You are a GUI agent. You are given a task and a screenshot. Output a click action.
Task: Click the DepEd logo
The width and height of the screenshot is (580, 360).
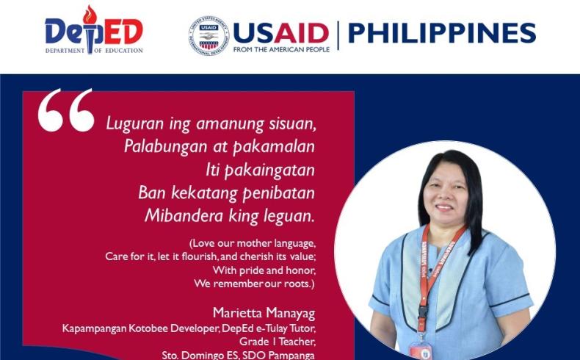94,30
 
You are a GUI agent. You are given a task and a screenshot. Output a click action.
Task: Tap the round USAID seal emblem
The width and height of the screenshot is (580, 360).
209,35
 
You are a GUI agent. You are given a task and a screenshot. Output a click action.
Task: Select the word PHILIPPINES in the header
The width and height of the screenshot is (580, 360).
442,33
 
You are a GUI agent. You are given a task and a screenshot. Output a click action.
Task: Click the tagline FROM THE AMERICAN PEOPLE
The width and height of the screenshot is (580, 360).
281,49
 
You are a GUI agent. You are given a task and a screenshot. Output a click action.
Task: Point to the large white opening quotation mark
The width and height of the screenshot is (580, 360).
66,110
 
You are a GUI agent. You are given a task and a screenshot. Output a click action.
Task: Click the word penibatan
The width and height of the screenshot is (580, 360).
278,193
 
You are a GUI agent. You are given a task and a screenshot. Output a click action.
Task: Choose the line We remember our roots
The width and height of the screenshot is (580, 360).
254,284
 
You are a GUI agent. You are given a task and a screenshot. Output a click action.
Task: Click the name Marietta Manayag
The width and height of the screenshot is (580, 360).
264,313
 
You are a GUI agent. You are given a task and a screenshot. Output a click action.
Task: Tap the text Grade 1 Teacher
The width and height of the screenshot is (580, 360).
278,341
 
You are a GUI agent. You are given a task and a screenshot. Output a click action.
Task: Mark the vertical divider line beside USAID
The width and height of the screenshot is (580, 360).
338,35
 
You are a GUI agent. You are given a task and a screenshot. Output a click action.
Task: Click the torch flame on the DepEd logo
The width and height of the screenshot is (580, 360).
90,15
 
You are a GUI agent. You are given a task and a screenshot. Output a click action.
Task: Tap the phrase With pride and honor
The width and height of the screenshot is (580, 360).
264,270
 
